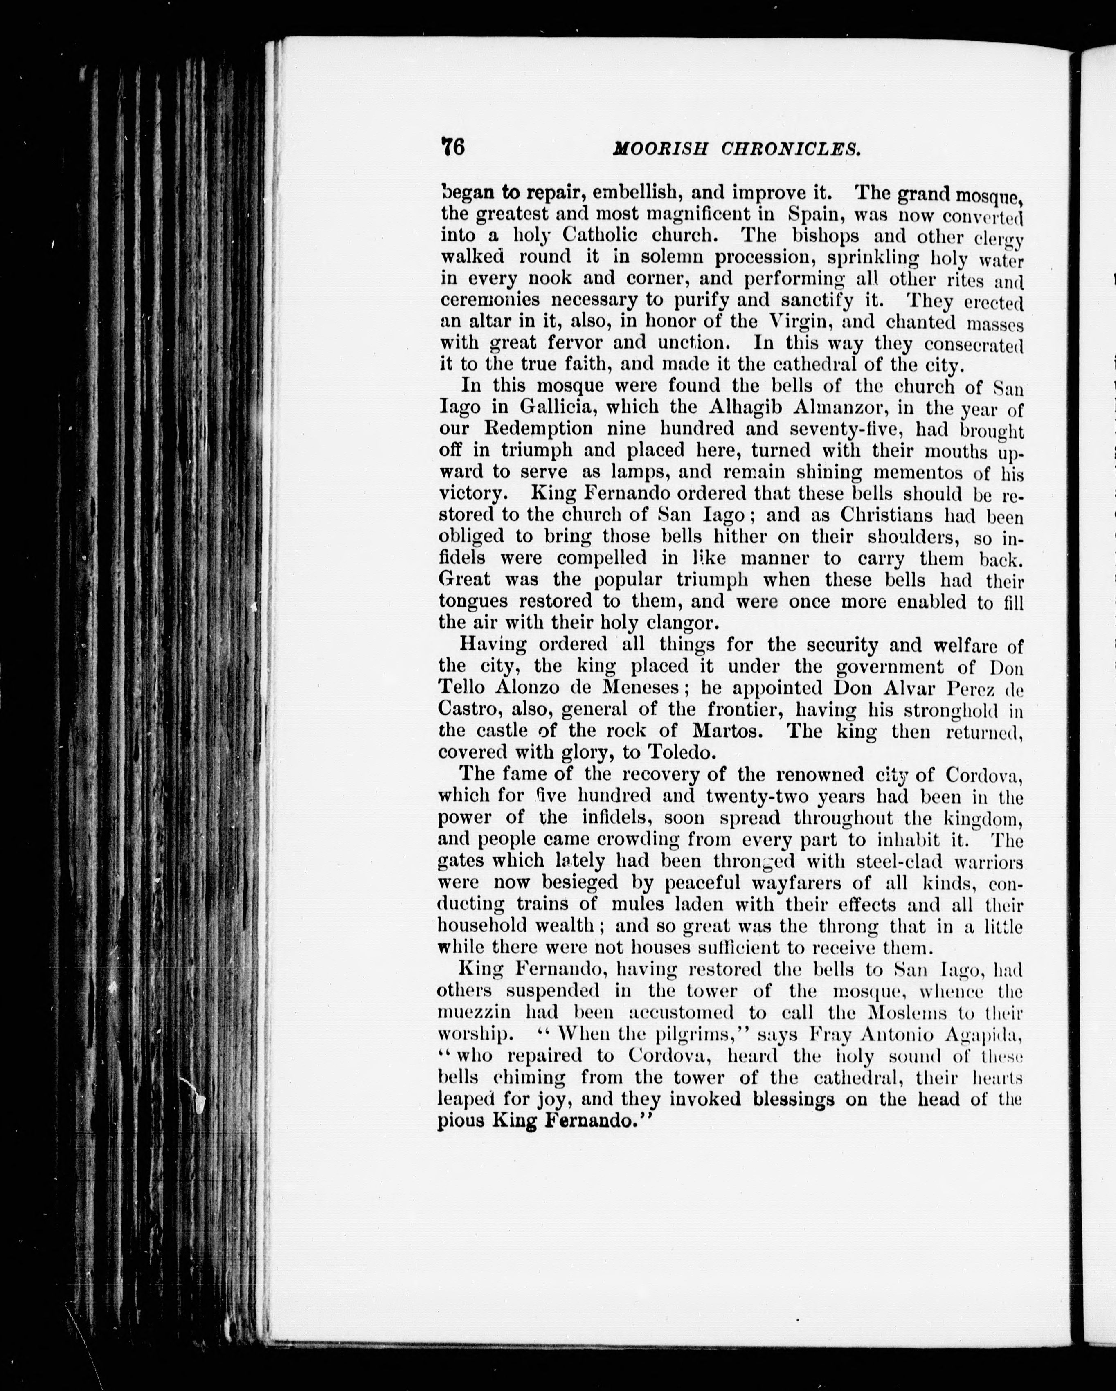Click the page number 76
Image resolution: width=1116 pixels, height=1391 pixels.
point(452,147)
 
